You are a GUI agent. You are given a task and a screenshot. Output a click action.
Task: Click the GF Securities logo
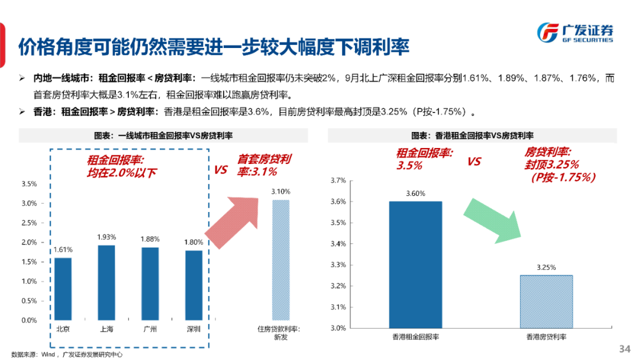pos(574,33)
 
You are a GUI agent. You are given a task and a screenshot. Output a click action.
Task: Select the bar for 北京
pos(63,289)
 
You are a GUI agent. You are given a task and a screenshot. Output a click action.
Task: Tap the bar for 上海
pos(106,282)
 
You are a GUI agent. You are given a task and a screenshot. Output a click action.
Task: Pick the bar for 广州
pos(150,284)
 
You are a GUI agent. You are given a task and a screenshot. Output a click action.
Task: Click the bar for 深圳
pos(193,285)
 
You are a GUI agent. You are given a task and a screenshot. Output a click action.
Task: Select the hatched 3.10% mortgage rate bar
pos(280,260)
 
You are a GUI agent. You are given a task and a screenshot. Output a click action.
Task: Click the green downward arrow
pos(493,219)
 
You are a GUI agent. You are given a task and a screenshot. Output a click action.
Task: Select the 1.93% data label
pos(106,237)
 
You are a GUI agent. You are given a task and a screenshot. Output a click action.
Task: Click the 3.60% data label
pos(415,194)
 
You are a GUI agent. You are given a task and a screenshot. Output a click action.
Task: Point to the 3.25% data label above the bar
pos(546,267)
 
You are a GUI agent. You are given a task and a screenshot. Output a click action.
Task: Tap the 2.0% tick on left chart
pos(29,243)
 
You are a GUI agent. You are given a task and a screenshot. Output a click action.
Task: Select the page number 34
pos(624,348)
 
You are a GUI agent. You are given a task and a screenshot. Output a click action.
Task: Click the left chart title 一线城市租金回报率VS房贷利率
pos(164,136)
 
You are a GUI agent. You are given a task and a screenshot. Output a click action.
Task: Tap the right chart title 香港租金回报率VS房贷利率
pos(476,136)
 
